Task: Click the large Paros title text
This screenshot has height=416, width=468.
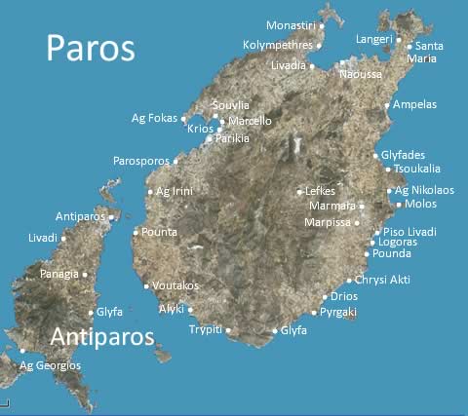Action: (x=91, y=47)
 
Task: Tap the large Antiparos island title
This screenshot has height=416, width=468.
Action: (x=102, y=337)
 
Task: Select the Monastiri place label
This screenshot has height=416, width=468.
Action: (x=291, y=24)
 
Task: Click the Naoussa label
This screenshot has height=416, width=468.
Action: (x=361, y=73)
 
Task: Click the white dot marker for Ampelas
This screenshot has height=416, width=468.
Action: (x=387, y=105)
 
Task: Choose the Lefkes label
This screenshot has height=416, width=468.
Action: (x=320, y=191)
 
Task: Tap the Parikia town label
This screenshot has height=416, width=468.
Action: (x=231, y=139)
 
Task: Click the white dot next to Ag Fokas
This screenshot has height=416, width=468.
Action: (x=183, y=119)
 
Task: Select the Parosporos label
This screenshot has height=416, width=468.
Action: (x=140, y=161)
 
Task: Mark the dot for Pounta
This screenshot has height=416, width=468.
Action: (x=136, y=232)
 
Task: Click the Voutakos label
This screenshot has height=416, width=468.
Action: (x=176, y=285)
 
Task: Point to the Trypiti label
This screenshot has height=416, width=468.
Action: (x=206, y=330)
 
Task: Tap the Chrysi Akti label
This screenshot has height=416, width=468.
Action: (x=382, y=280)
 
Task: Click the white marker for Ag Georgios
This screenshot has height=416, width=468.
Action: (x=21, y=351)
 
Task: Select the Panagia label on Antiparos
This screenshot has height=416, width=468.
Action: (x=58, y=275)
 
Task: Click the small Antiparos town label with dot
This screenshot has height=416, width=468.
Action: (x=80, y=215)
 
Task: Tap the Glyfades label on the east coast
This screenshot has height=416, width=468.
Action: (x=404, y=154)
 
